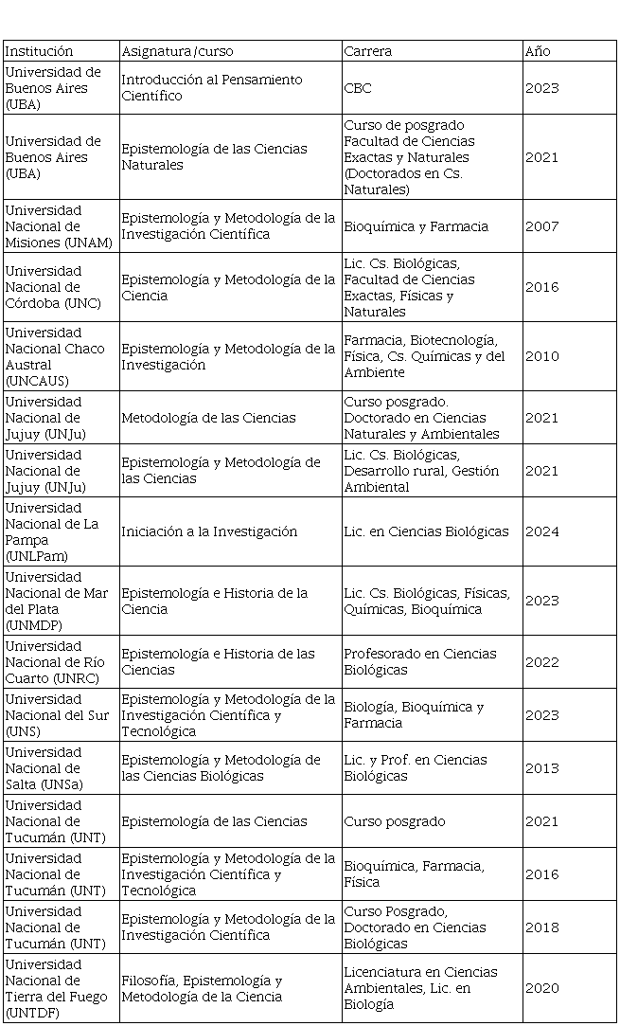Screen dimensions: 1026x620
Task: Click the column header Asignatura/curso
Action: point(177,51)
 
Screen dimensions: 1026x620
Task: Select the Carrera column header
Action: point(368,51)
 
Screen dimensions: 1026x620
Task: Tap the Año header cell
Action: point(538,51)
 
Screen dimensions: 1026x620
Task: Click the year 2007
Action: point(542,226)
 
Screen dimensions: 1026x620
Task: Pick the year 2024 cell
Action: point(542,531)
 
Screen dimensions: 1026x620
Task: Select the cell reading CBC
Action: point(358,88)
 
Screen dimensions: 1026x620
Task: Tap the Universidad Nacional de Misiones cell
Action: point(59,226)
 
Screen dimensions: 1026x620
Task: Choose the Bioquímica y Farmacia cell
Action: point(416,226)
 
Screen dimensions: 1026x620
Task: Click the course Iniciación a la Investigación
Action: point(209,531)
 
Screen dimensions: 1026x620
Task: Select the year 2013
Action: point(542,768)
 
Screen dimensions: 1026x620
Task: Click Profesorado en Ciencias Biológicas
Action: point(420,661)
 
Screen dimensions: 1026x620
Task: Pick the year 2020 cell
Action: point(542,988)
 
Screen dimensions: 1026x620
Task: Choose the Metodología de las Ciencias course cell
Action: point(208,418)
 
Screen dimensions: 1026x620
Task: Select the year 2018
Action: point(542,927)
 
